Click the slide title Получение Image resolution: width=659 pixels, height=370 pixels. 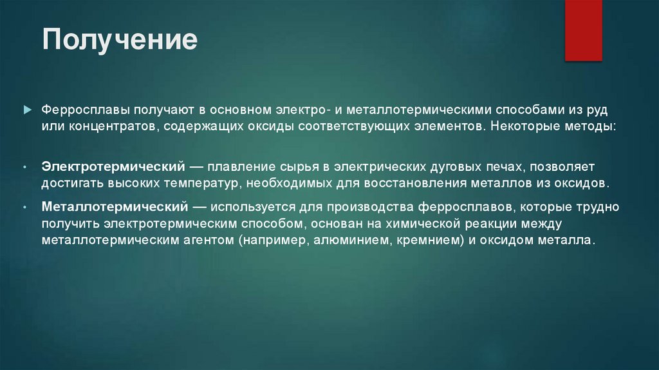pos(120,40)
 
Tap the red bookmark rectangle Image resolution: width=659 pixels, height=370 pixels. pos(583,30)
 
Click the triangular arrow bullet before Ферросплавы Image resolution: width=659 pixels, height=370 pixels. pos(26,110)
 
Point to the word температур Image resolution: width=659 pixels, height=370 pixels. pos(200,183)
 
